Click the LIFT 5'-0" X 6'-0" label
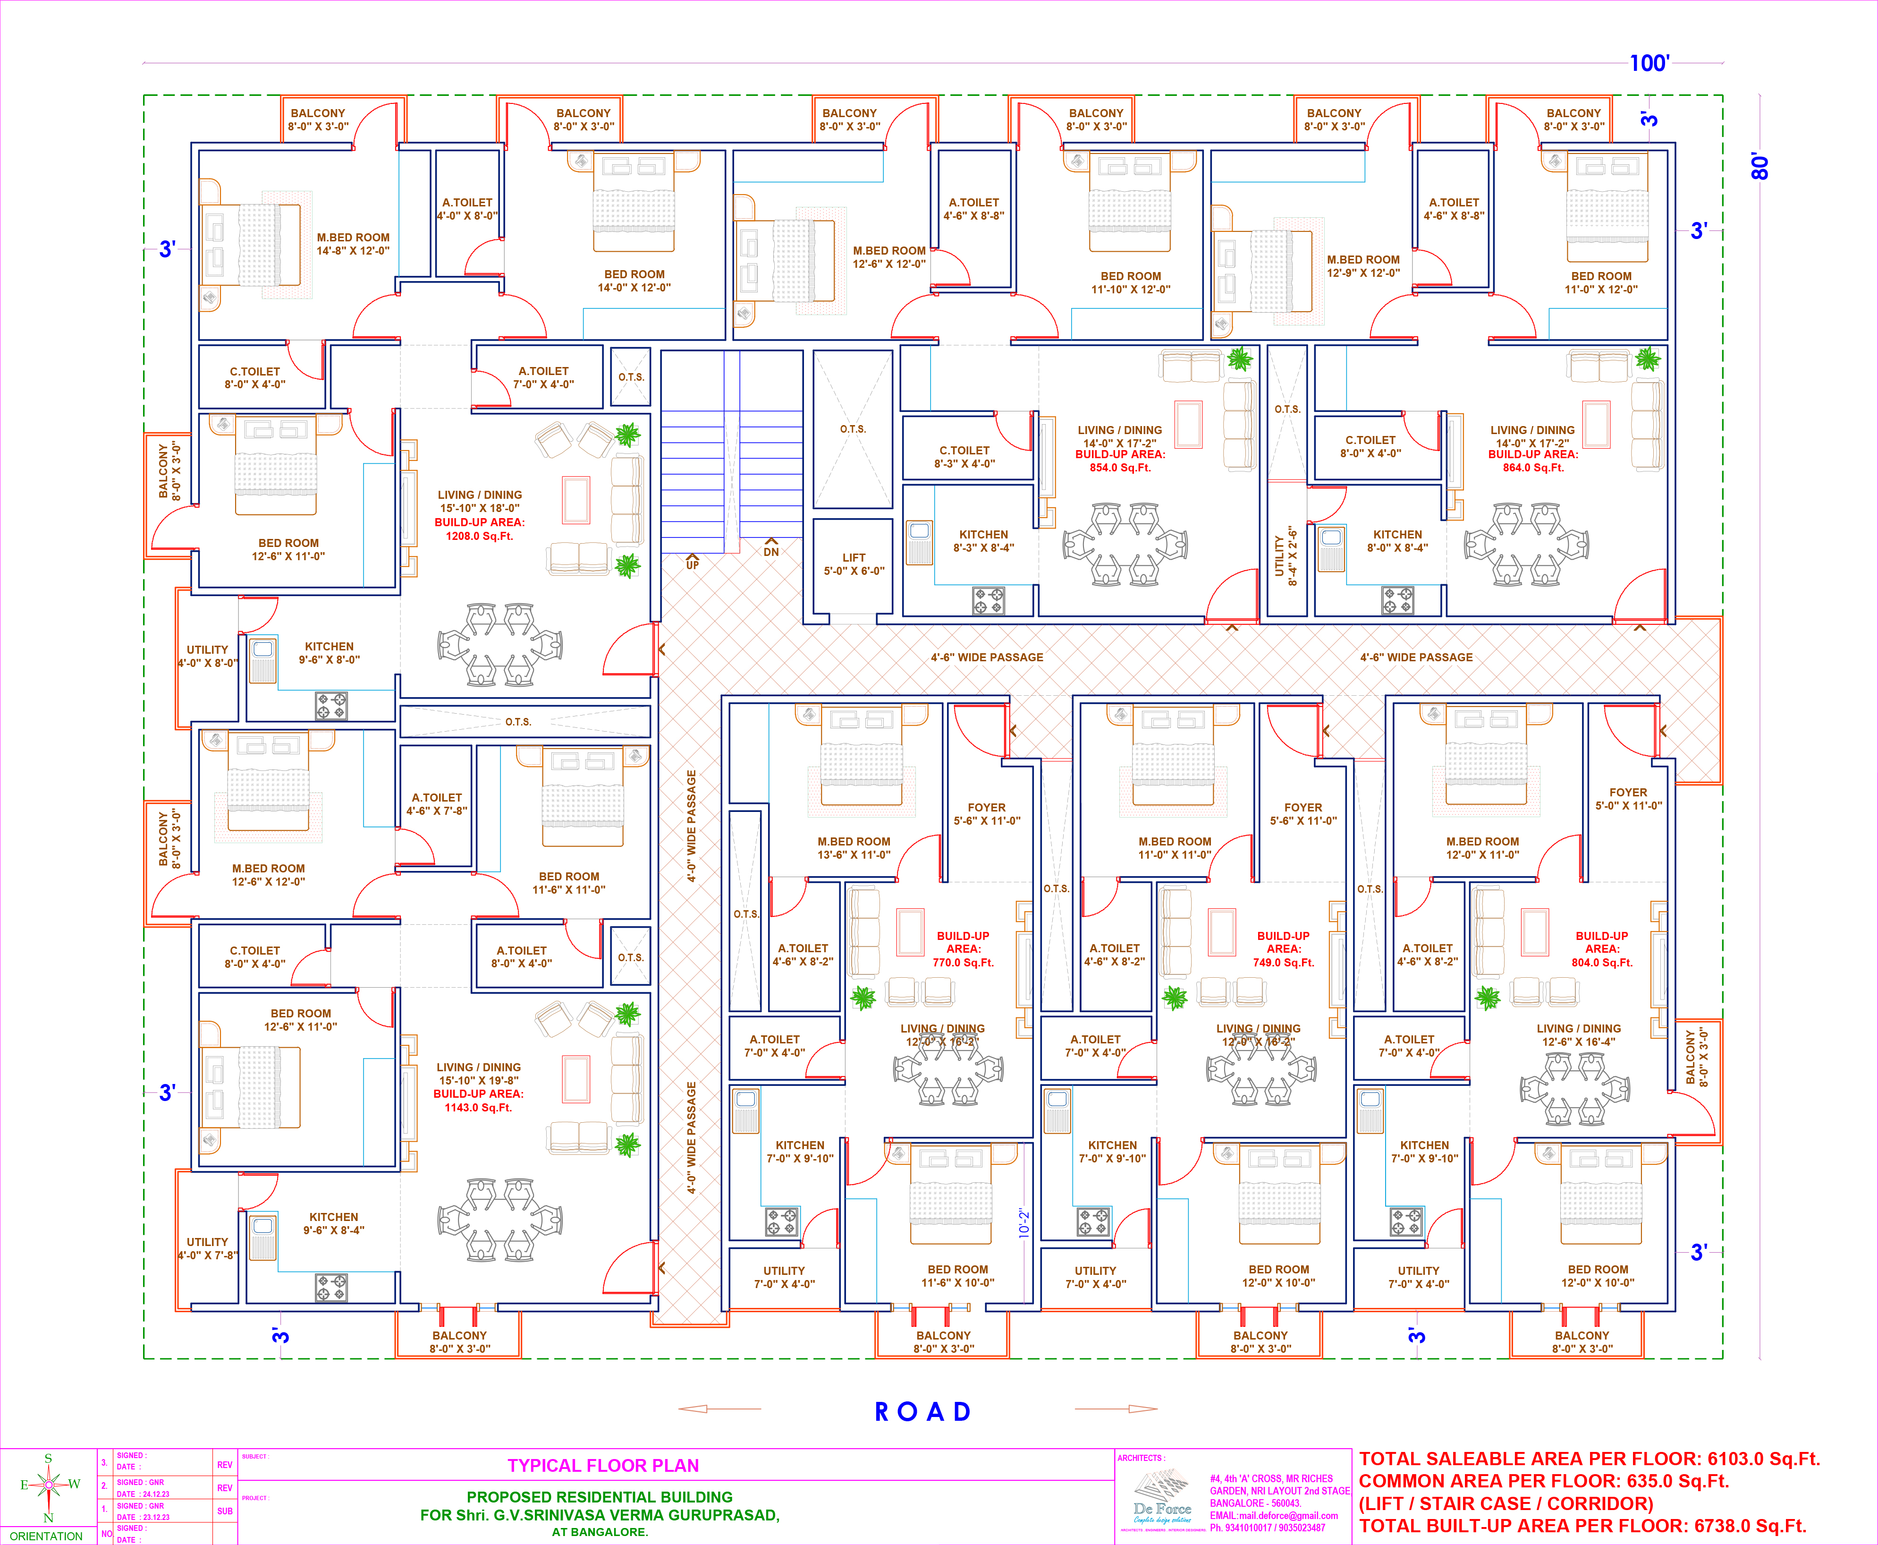853,564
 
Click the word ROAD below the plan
922,1412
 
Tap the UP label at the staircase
692,565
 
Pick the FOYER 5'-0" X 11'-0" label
1628,798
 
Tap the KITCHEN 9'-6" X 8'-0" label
329,653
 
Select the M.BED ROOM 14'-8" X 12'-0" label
353,244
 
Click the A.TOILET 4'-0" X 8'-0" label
467,209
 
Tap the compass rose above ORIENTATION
49,1484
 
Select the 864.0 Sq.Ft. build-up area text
1533,467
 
